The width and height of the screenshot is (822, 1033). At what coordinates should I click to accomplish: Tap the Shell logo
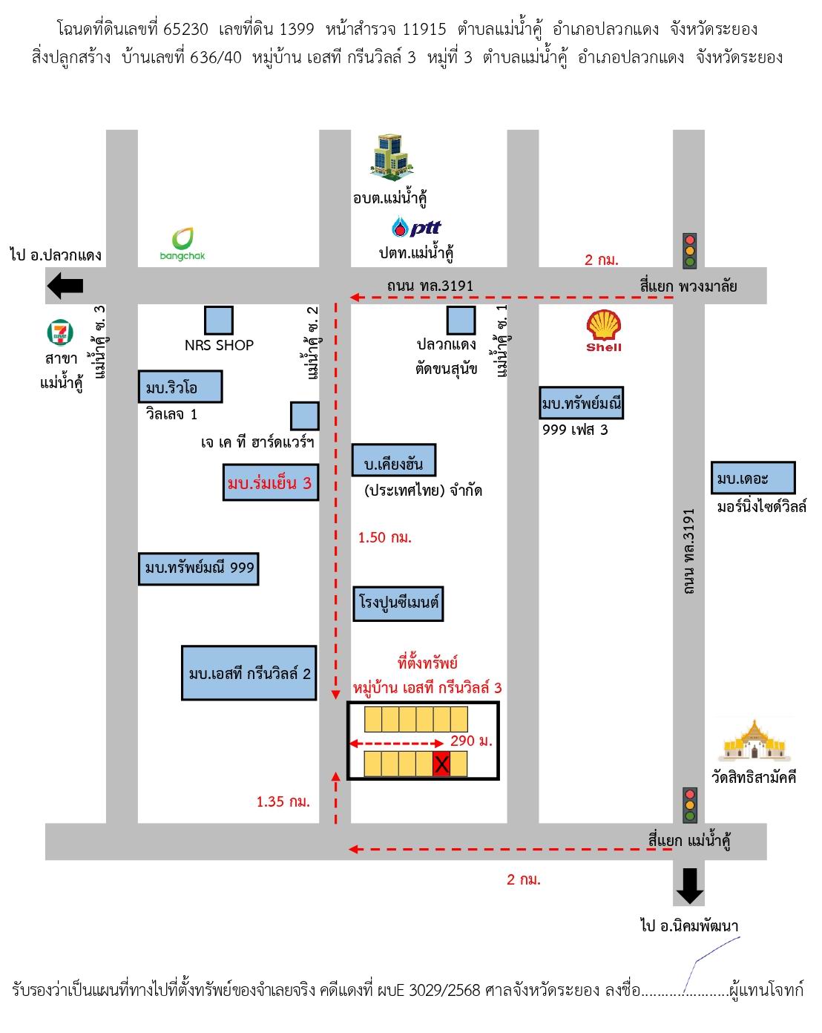(x=603, y=331)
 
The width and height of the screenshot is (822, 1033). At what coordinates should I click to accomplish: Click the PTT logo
(x=416, y=227)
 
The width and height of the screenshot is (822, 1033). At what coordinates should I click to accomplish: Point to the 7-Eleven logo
(x=60, y=332)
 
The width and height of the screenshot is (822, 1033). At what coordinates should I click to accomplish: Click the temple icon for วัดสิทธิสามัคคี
(x=753, y=741)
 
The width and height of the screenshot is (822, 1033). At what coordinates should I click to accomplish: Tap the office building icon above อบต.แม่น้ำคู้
(x=391, y=157)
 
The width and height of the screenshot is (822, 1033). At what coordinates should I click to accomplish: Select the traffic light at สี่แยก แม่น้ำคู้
(x=689, y=805)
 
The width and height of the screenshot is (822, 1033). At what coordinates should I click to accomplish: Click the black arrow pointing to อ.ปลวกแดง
(x=65, y=286)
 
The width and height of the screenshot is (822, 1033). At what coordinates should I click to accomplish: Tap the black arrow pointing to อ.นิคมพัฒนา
(x=689, y=886)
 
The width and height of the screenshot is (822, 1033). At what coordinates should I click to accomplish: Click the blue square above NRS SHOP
(x=219, y=320)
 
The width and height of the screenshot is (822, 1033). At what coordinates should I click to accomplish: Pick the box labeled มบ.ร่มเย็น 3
(x=271, y=482)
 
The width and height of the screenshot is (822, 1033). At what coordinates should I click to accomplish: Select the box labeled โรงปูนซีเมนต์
(x=398, y=603)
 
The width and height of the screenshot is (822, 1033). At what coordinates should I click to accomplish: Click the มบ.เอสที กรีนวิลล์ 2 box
(x=249, y=672)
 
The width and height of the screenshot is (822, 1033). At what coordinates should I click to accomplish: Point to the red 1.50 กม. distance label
(x=385, y=537)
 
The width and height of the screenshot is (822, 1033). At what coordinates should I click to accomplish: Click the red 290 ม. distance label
(x=471, y=741)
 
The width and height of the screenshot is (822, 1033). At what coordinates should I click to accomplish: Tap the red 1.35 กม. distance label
(x=283, y=801)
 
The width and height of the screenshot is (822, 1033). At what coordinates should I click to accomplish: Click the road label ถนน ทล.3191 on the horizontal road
(x=430, y=286)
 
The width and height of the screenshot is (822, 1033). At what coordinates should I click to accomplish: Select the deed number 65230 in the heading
(x=185, y=29)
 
